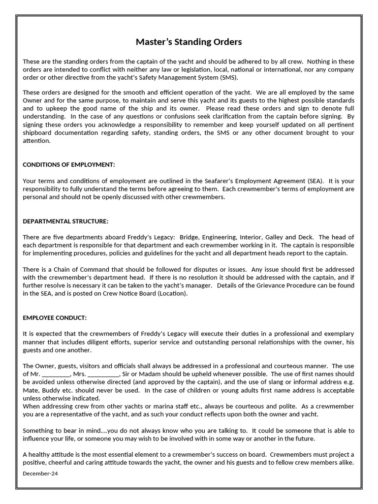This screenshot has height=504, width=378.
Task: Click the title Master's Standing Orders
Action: (189, 42)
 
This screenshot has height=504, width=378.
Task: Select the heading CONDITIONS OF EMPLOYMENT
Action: (69, 164)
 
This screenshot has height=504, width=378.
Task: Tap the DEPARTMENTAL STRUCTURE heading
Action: (65, 221)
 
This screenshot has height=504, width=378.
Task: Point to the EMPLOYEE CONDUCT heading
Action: (55, 318)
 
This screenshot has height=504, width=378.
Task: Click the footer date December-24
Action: (40, 473)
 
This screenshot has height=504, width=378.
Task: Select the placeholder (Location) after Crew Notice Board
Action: (173, 293)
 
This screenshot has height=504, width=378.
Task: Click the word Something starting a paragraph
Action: (39, 430)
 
